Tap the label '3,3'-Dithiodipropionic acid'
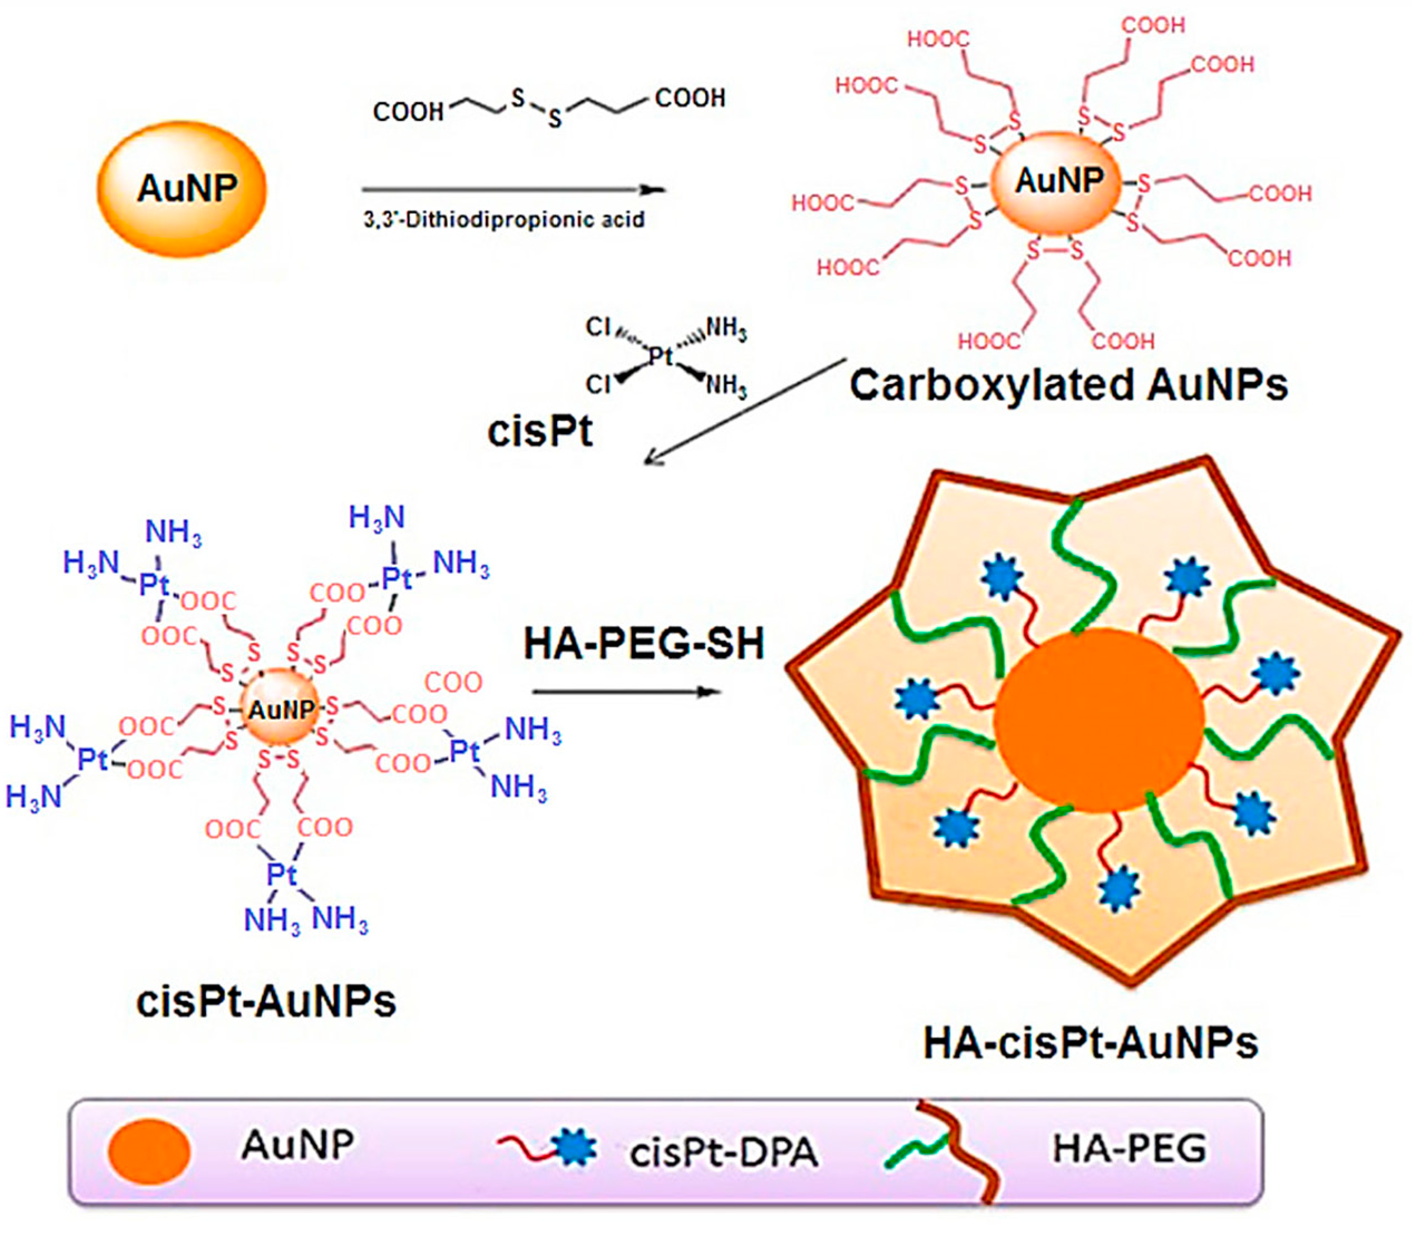504,220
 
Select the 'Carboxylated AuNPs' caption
1068,385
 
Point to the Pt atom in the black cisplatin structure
660,356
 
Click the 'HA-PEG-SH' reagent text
643,644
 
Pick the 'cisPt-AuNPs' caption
266,1001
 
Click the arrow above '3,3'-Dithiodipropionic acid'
514,189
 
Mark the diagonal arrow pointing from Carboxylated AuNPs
745,411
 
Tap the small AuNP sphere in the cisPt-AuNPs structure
280,709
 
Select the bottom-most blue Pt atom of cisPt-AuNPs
281,874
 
